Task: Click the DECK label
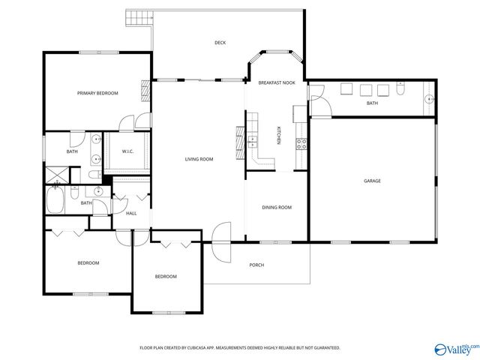[x=220, y=43]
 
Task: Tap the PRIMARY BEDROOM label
[x=97, y=93]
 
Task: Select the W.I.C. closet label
[x=127, y=151]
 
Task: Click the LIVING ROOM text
[x=199, y=159]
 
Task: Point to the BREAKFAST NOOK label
[x=277, y=82]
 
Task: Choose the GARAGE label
[x=372, y=181]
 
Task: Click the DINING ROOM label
[x=276, y=208]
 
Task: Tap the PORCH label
[x=256, y=265]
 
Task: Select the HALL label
[x=130, y=214]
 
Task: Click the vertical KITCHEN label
[x=280, y=135]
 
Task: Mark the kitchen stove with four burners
[x=301, y=144]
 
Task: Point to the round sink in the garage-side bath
[x=429, y=98]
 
